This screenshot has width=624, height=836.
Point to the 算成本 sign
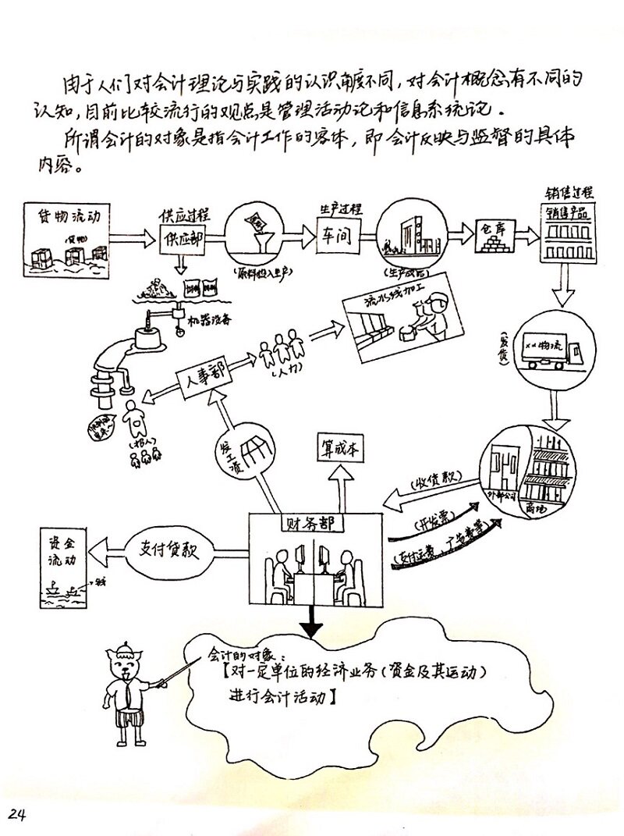pos(339,449)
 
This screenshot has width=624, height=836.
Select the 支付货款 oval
pos(170,549)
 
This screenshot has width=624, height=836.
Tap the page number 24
pos(17,813)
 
